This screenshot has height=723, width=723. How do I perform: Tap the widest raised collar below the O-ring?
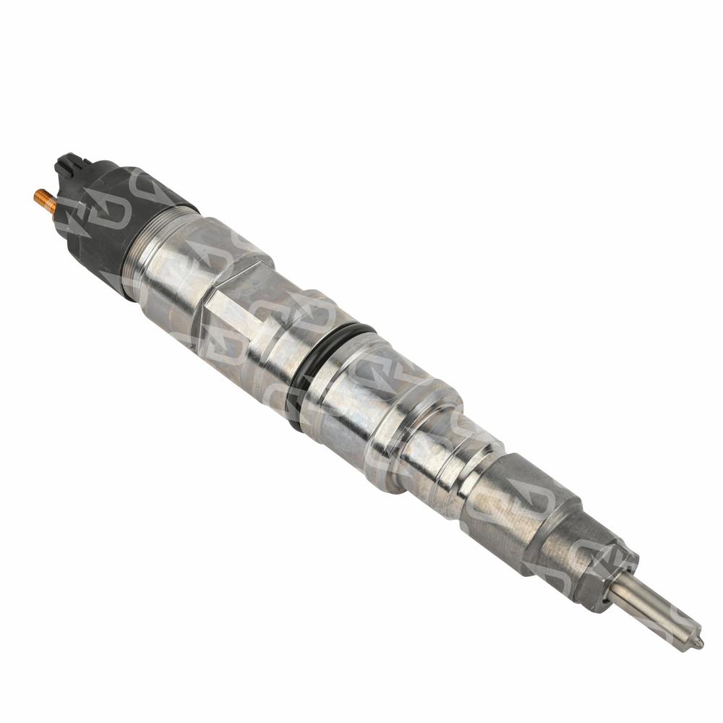pos(412,434)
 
